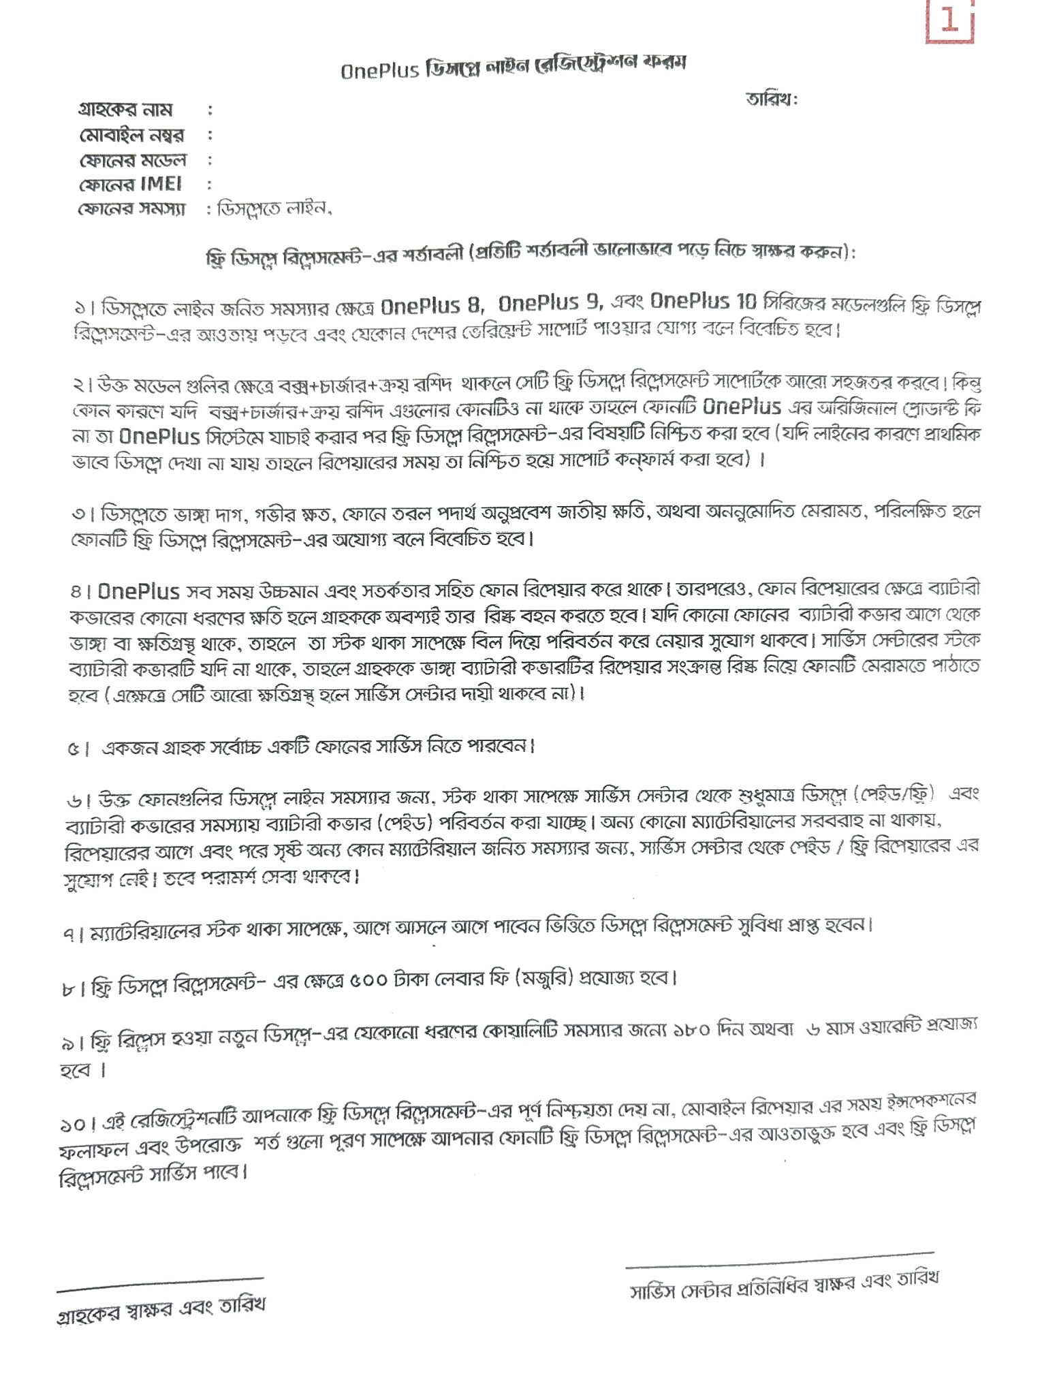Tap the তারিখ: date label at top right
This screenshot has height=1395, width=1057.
pos(771,99)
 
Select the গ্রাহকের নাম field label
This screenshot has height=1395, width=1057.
pos(126,110)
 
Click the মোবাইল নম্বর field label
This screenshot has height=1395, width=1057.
pos(132,135)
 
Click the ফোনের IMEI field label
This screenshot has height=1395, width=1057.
pos(130,185)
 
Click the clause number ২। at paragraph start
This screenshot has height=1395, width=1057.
pos(84,386)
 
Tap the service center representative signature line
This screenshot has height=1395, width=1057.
pos(779,1259)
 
